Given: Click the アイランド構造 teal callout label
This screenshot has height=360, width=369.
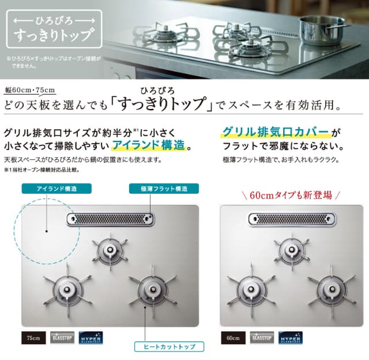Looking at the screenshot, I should (x=49, y=189).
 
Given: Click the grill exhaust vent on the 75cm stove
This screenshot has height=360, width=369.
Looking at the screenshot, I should (x=111, y=219).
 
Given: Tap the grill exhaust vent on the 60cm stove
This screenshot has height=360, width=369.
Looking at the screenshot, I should (x=292, y=219).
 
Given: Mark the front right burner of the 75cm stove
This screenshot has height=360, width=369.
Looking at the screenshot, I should (x=152, y=288).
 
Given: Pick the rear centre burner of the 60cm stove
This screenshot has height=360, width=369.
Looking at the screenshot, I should (x=291, y=248).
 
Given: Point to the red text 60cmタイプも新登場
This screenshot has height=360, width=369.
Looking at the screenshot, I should (x=291, y=195).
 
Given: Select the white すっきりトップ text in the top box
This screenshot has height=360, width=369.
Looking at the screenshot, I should (x=53, y=33).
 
